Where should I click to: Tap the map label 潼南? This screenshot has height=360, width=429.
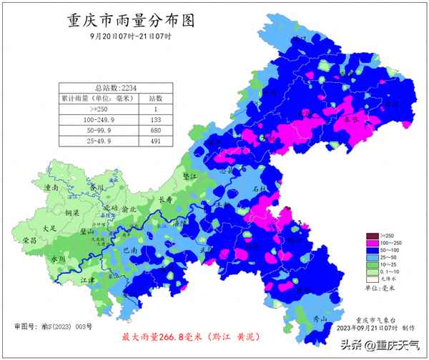click(51, 187)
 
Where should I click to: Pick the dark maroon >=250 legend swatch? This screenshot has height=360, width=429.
click(371, 236)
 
